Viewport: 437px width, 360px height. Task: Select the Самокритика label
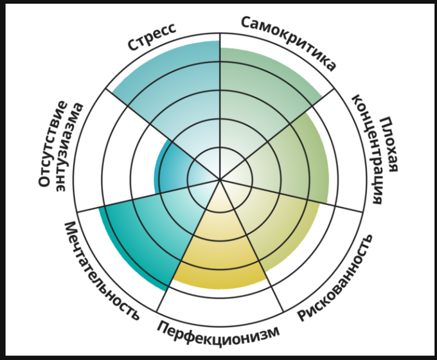coord(289,42)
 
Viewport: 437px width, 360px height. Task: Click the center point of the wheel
coord(220,179)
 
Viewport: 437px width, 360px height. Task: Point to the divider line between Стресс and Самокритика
coord(220,96)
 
